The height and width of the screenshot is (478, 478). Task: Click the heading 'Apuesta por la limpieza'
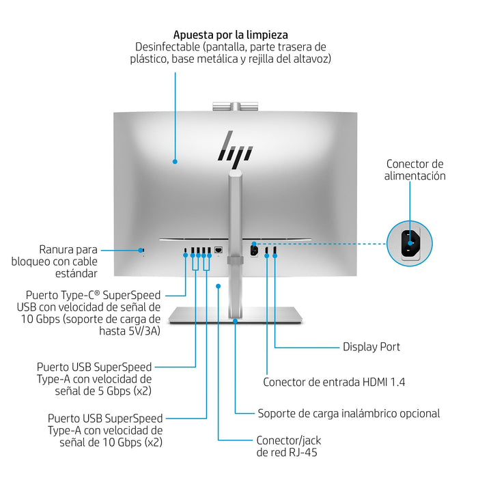tap(230, 34)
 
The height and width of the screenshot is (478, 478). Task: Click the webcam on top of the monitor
tap(235, 105)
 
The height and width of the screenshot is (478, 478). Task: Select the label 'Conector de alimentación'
tap(415, 169)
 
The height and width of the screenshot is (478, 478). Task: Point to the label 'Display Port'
tap(371, 347)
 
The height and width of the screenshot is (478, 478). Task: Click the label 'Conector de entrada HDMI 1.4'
tap(334, 382)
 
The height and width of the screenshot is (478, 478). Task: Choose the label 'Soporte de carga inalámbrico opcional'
tap(348, 413)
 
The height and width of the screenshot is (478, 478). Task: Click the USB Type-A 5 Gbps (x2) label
tap(94, 379)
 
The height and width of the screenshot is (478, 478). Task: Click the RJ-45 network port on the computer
tap(219, 251)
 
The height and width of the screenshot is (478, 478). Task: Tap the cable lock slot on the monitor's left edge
tap(142, 250)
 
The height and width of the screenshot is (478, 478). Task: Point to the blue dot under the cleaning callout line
tap(175, 162)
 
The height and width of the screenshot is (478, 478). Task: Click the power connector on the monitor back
tap(254, 250)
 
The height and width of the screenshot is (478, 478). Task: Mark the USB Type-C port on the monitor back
tap(185, 251)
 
